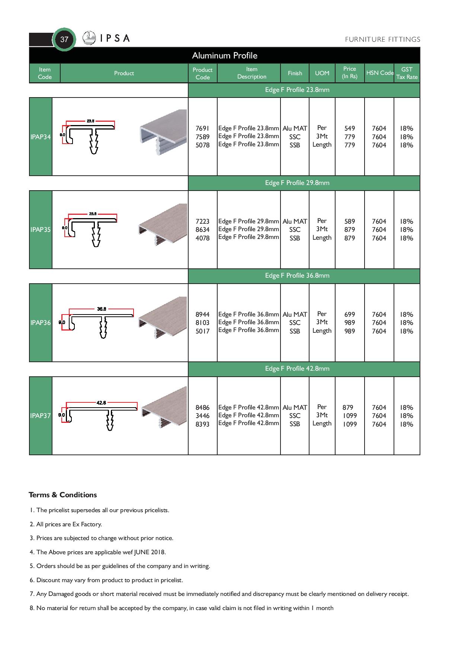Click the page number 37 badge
(x=64, y=39)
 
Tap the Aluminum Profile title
(x=225, y=55)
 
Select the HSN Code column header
(x=379, y=73)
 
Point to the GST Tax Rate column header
(x=407, y=73)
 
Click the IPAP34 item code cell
(x=41, y=137)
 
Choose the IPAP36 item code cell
(x=41, y=323)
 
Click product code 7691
(x=202, y=128)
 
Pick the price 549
(x=350, y=128)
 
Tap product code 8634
(x=202, y=230)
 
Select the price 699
(x=350, y=315)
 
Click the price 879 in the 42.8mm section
(x=348, y=408)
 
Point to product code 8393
(x=202, y=424)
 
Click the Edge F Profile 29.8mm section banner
(x=297, y=183)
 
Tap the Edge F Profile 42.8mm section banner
(x=297, y=368)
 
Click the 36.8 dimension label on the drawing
(x=102, y=309)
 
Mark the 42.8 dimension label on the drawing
(x=101, y=402)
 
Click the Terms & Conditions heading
(x=63, y=495)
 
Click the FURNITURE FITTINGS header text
(x=382, y=39)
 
